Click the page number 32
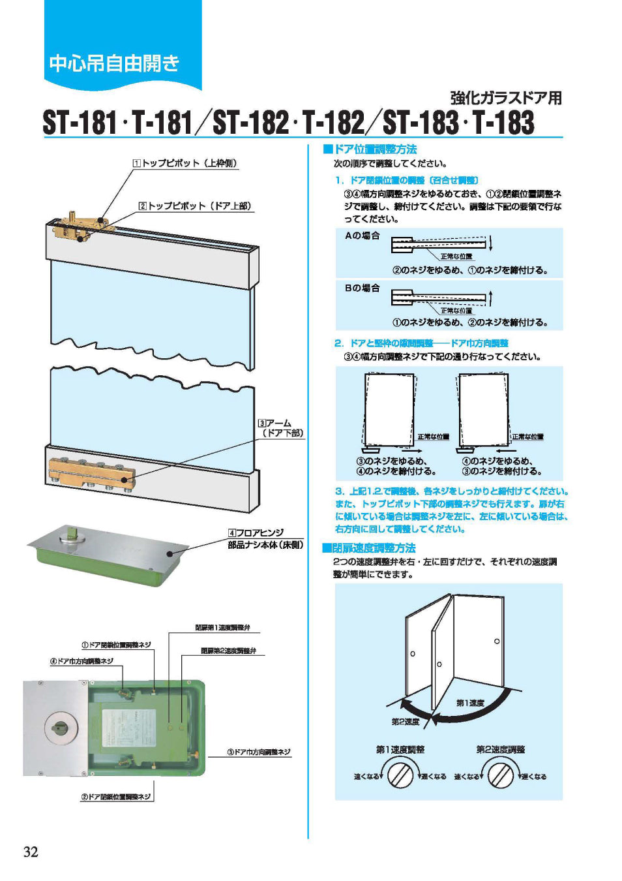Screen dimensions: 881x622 pos(31,852)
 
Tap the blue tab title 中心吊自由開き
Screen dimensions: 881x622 pos(114,63)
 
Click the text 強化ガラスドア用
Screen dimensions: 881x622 pos(506,98)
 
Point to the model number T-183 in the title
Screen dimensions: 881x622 pos(503,123)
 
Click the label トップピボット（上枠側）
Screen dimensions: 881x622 pos(185,163)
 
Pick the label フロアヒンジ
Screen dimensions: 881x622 pos(256,533)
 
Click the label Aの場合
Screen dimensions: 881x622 pos(362,236)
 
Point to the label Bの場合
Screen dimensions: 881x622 pos(362,288)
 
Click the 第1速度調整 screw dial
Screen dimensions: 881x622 pos(400,775)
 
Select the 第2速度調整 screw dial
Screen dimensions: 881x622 pos(501,775)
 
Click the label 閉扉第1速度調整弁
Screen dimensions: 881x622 pos(222,628)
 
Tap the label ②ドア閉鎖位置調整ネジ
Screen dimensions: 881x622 pos(115,797)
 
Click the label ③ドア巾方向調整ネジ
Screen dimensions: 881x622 pos(259,752)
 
